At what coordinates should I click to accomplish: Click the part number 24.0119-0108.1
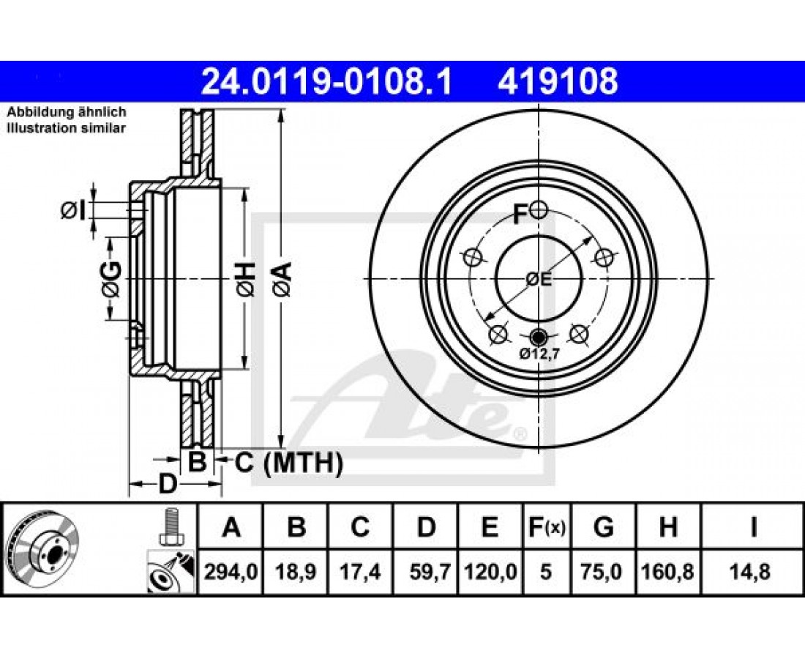click(x=326, y=81)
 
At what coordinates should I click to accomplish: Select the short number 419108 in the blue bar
click(x=558, y=81)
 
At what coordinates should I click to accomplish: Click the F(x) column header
click(x=546, y=527)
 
